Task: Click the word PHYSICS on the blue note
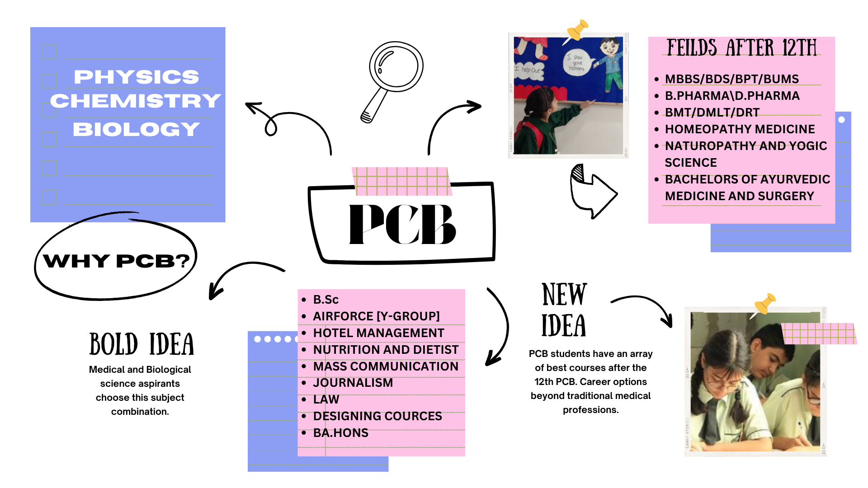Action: pos(136,77)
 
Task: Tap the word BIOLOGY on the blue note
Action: pos(136,130)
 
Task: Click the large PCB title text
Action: pos(402,225)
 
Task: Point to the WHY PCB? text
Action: pos(116,261)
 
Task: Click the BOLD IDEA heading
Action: pos(142,344)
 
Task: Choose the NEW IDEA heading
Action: pos(564,310)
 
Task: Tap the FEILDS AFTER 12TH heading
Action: pos(741,48)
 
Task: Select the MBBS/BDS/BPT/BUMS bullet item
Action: pos(731,79)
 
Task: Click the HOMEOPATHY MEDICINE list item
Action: pos(740,129)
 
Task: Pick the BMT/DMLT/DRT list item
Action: pos(712,113)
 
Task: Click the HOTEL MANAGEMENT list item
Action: pos(378,333)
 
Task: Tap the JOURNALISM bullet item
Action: pos(353,383)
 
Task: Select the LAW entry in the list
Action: pos(326,399)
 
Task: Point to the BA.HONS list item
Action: pos(340,433)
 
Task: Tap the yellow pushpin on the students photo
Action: pos(765,304)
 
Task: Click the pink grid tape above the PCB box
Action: pos(401,181)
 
